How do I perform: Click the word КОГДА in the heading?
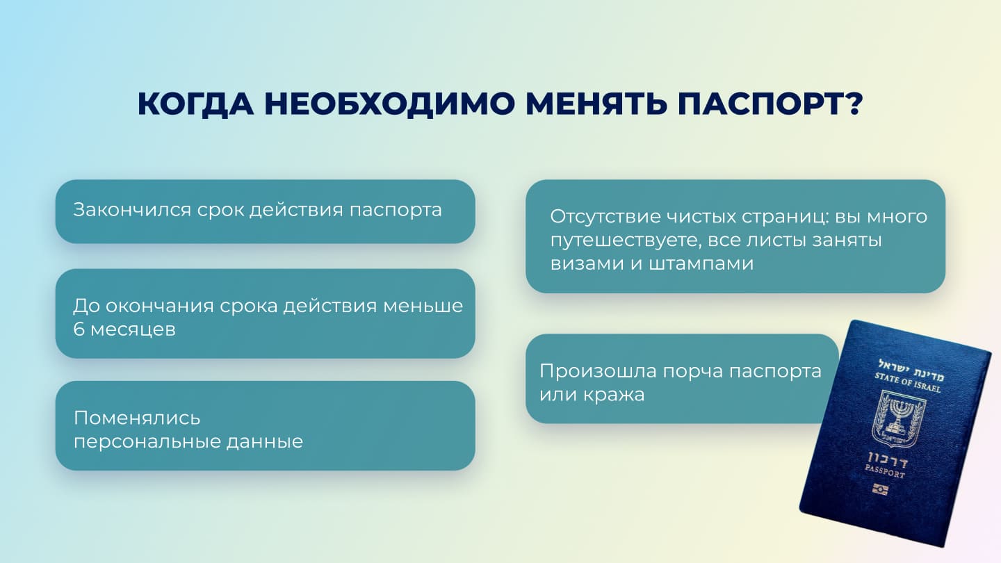tap(196, 104)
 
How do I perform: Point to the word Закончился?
tap(132, 210)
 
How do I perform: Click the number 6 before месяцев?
tap(79, 329)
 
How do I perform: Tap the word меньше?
tap(423, 306)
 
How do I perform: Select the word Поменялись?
tap(137, 418)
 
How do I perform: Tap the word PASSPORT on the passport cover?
tap(885, 471)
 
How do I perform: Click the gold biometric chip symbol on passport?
tap(880, 489)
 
